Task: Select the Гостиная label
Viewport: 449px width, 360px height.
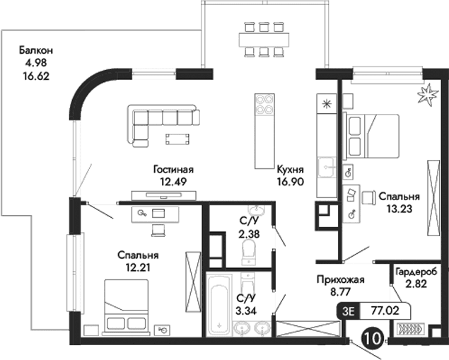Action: click(173, 170)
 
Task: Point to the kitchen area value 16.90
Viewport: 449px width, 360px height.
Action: click(290, 181)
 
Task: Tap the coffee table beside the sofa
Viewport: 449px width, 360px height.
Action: click(177, 137)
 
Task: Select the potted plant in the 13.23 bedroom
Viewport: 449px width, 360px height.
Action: click(427, 94)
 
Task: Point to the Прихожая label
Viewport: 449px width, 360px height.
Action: click(340, 279)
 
